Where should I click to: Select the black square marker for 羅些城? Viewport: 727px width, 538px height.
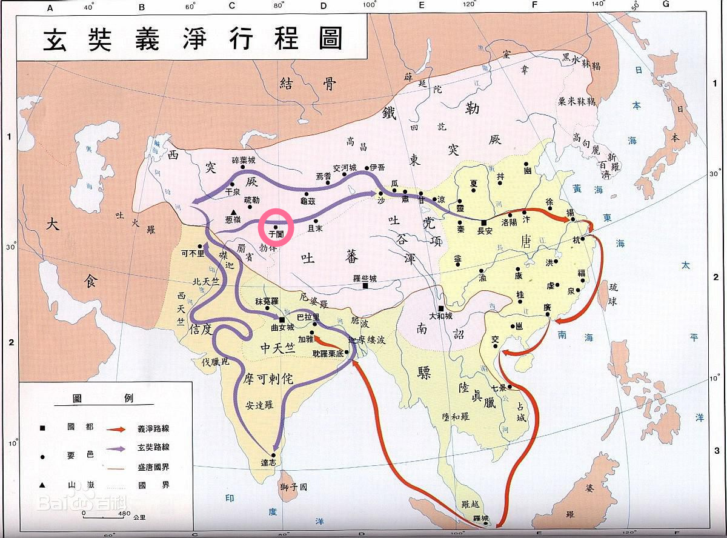pos(365,286)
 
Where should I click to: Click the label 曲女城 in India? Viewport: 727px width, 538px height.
pos(282,327)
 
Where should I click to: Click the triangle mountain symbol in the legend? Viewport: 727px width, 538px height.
pos(42,485)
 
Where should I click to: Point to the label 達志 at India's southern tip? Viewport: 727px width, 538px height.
pos(268,462)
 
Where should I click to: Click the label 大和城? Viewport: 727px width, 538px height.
pos(441,316)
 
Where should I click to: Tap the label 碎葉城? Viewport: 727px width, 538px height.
pos(244,161)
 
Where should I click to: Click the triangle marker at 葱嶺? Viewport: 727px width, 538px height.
pos(233,211)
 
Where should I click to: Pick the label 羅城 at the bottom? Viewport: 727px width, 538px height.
pos(480,519)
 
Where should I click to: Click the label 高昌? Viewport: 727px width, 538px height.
pos(357,142)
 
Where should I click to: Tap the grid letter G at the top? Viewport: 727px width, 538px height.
pos(666,5)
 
